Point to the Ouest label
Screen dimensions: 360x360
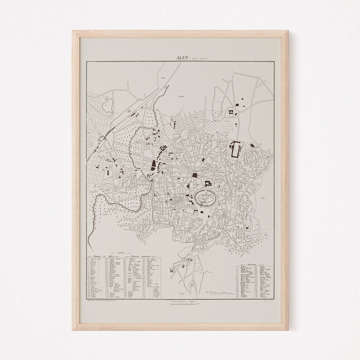pyautogui.click(x=94, y=192)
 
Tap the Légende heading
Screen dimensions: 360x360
pyautogui.click(x=120, y=253)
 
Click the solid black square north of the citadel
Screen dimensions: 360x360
pyautogui.click(x=195, y=175)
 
